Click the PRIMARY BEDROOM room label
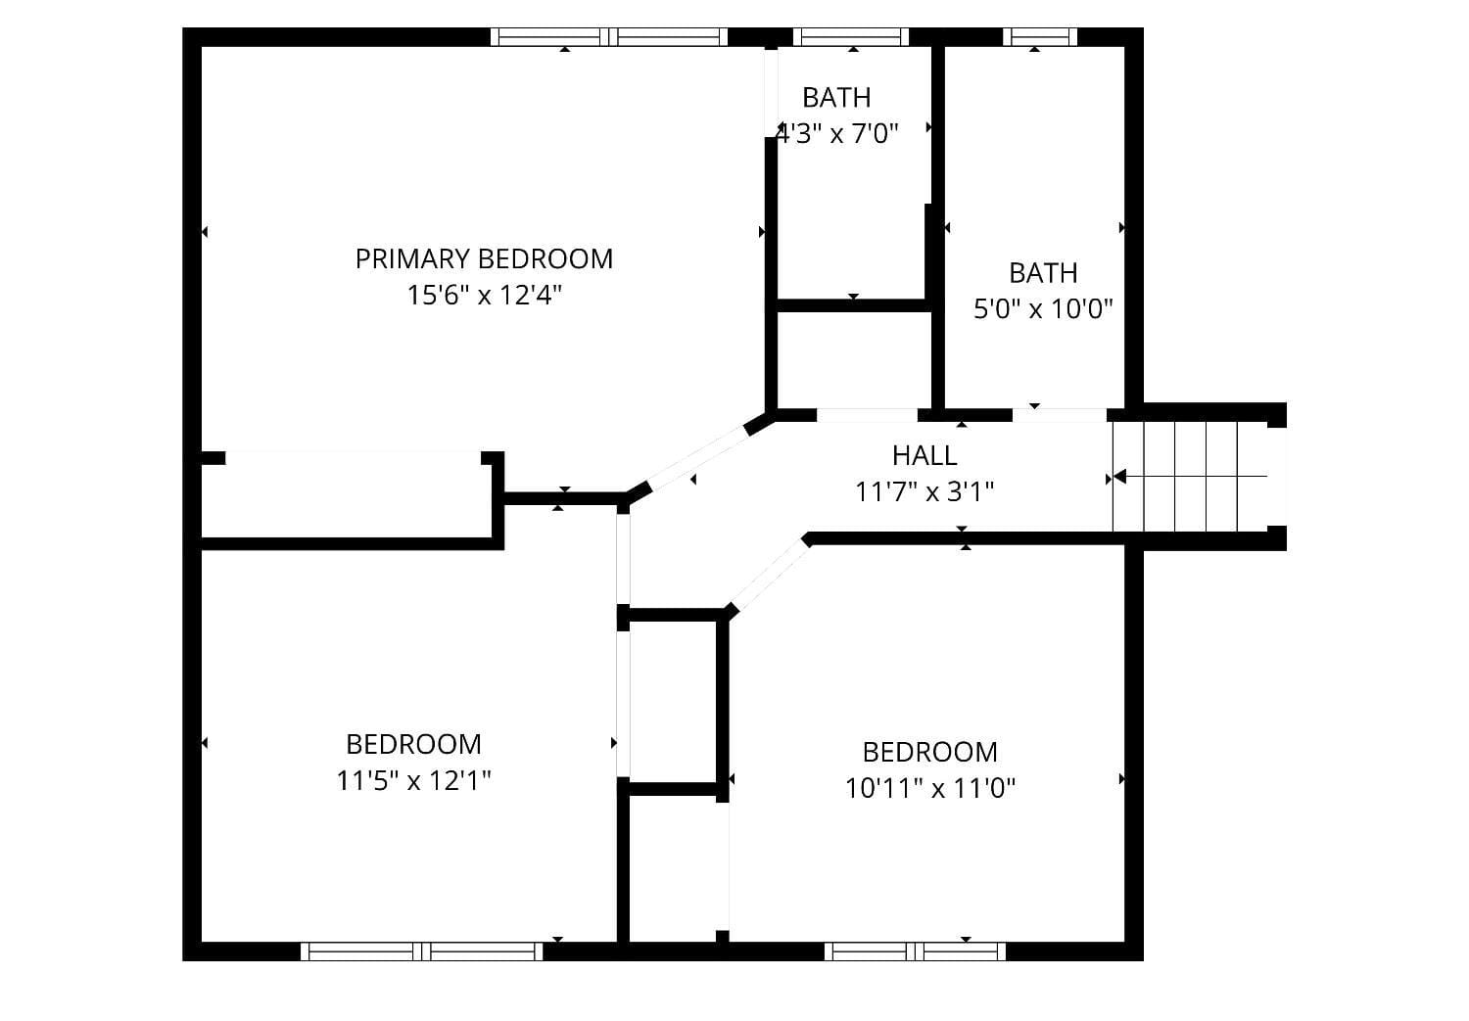tap(484, 258)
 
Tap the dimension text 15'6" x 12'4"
tap(484, 295)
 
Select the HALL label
tap(924, 455)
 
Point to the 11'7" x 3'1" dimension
tap(924, 491)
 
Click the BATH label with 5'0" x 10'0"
tap(1043, 272)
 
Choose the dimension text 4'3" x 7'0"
tap(837, 133)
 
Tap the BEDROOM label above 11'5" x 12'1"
tap(413, 744)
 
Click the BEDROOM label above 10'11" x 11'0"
tap(929, 752)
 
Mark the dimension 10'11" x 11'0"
tap(929, 788)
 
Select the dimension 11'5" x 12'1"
tap(413, 780)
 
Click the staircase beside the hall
tap(1190, 477)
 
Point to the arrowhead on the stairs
tap(1119, 477)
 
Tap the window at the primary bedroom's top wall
tap(609, 37)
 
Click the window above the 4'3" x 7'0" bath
tap(851, 37)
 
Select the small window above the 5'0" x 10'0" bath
tap(1040, 37)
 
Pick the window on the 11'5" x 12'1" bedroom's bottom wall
tap(422, 951)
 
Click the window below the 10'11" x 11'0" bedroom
tap(915, 951)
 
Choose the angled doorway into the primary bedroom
tap(698, 458)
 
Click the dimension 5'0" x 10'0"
tap(1043, 309)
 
